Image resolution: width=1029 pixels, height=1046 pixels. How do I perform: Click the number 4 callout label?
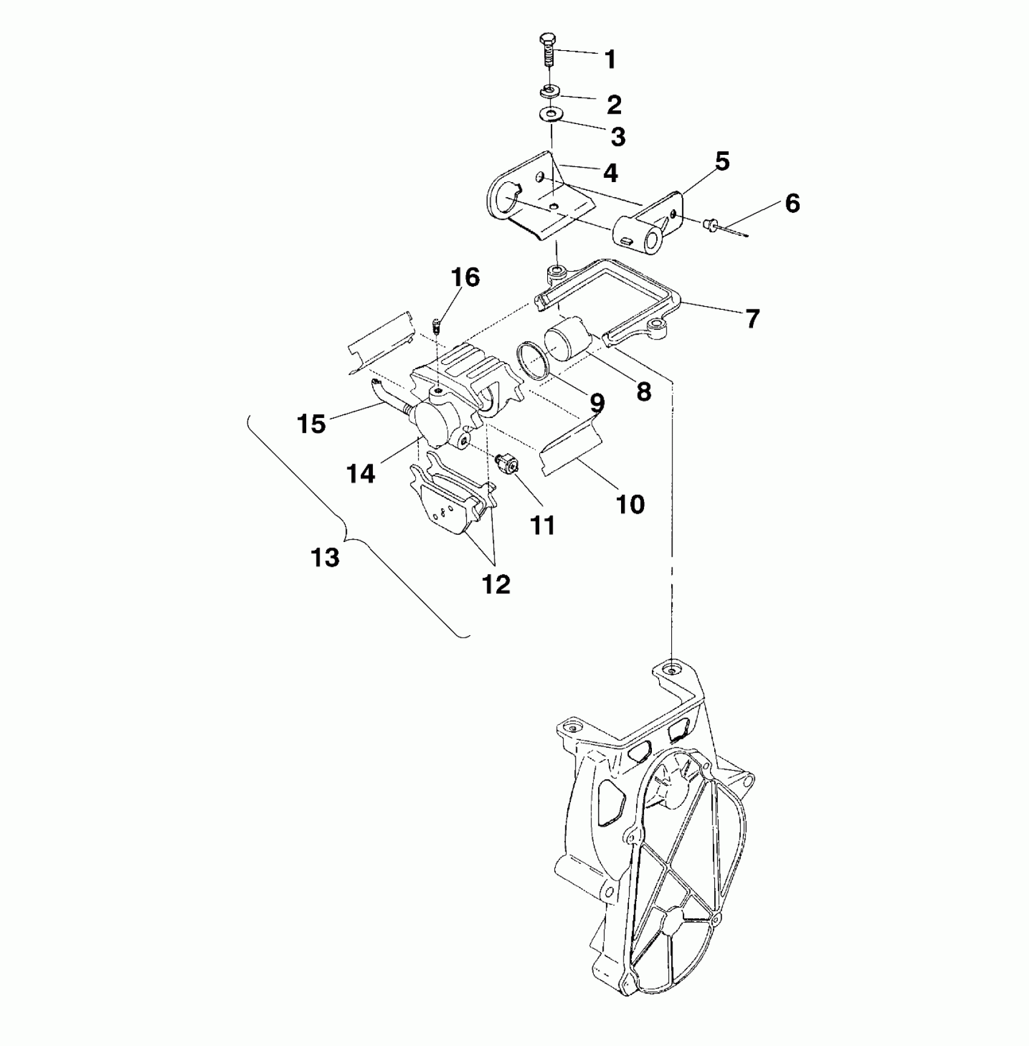[610, 173]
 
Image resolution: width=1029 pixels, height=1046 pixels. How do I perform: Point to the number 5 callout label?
[722, 162]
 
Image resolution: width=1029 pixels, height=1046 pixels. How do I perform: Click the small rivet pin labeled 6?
[708, 226]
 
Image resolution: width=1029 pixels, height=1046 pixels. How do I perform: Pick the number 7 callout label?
[752, 318]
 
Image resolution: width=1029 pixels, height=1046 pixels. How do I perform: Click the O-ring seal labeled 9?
[532, 361]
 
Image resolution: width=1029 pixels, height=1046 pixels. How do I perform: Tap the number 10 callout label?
[630, 503]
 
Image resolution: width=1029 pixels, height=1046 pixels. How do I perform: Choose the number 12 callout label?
[496, 584]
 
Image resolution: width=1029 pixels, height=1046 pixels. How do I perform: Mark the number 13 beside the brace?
[325, 557]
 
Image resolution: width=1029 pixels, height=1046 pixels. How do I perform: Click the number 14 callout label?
[361, 473]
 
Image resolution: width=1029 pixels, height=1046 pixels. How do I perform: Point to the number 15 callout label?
[312, 423]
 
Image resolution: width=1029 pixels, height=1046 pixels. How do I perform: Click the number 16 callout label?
[465, 278]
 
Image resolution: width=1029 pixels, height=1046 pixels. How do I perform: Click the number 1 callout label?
[610, 59]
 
